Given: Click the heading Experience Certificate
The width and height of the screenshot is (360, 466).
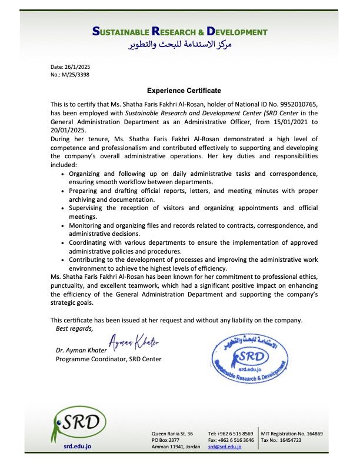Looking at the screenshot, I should pyautogui.click(x=184, y=91).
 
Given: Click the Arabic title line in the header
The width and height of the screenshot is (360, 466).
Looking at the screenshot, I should pyautogui.click(x=180, y=44).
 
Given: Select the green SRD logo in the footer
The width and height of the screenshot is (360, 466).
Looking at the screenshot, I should pyautogui.click(x=78, y=424).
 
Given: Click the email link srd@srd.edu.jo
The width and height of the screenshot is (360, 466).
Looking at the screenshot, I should pyautogui.click(x=225, y=448).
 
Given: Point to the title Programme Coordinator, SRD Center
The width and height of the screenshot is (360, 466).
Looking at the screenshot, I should pyautogui.click(x=108, y=359).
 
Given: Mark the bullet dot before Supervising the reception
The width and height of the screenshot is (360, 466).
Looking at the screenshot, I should pyautogui.click(x=64, y=208).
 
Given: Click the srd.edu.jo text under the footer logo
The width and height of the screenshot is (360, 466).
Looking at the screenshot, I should pyautogui.click(x=78, y=448).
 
